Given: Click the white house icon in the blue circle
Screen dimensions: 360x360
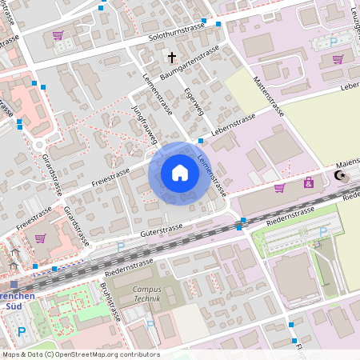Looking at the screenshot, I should click(x=179, y=173).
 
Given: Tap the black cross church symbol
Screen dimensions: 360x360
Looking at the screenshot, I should click(x=170, y=58).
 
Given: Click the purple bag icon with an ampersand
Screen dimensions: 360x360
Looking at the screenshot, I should click(x=308, y=183).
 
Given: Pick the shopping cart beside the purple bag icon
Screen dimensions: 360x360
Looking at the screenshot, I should click(x=279, y=188).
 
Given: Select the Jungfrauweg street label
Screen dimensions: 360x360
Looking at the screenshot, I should click(x=143, y=123).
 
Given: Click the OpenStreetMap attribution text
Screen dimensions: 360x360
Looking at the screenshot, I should click(x=81, y=354).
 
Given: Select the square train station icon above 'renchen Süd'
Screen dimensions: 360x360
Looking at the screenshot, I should click(x=14, y=283).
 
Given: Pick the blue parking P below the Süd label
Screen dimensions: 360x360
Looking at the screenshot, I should click(x=22, y=330).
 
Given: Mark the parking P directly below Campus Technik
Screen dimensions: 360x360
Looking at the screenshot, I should click(x=150, y=325).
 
